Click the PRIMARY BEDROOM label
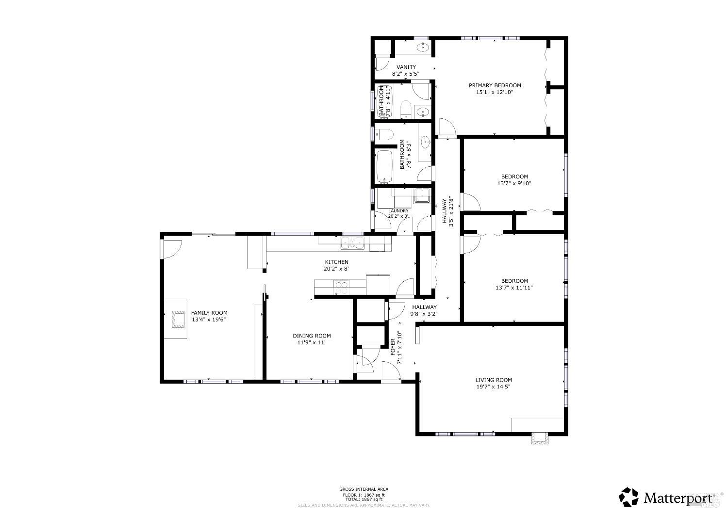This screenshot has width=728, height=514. tap(495, 85)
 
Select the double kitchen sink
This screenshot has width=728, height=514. tap(353, 244)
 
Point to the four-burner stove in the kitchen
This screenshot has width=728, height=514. tap(341, 288)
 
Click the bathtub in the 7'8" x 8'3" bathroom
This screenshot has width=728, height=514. tap(385, 167)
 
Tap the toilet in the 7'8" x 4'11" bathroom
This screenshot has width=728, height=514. tap(406, 109)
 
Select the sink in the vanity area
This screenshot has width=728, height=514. tap(424, 47)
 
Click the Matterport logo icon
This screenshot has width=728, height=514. tap(629, 497)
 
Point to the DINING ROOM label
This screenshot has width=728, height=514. tap(312, 336)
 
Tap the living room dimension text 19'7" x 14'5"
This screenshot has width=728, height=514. tap(494, 387)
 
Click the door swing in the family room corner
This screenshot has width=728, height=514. tap(172, 249)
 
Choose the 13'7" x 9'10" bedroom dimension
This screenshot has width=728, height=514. tap(514, 184)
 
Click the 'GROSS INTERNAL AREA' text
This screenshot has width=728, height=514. tap(364, 489)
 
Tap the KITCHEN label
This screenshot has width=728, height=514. tap(336, 262)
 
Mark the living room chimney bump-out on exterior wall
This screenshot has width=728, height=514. tap(540, 439)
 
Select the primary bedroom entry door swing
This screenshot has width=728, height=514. tap(446, 128)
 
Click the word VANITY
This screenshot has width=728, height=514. tap(406, 67)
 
